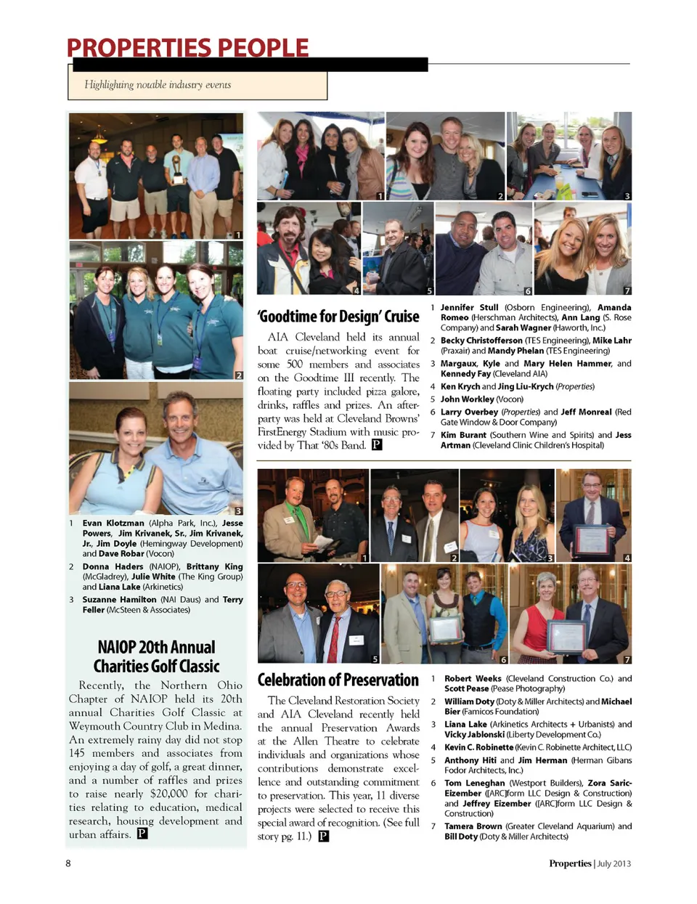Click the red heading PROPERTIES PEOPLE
click(x=187, y=48)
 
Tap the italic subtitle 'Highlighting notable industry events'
click(x=158, y=85)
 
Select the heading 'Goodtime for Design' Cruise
click(x=338, y=317)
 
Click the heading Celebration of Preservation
click(x=338, y=680)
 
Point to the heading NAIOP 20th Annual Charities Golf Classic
click(x=156, y=656)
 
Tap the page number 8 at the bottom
click(x=68, y=863)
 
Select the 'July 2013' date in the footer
click(x=614, y=864)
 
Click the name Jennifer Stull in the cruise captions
click(x=469, y=308)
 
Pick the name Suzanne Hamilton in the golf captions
click(x=119, y=600)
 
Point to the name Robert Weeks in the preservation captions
click(x=473, y=679)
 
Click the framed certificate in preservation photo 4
click(x=591, y=538)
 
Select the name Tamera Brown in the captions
click(x=473, y=826)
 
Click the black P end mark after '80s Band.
click(x=377, y=445)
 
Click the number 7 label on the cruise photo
click(x=627, y=291)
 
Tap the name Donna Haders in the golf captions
click(x=113, y=566)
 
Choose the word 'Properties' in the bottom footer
click(x=570, y=864)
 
